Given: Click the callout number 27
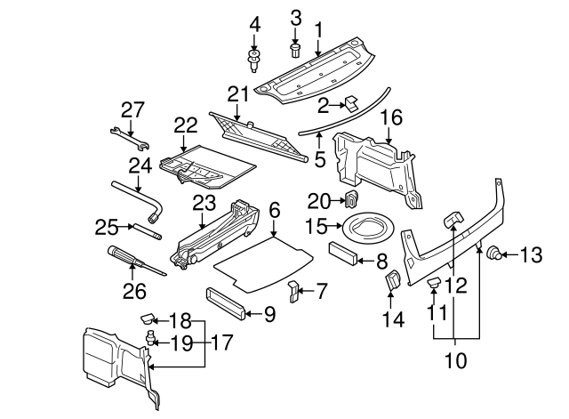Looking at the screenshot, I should [x=132, y=109].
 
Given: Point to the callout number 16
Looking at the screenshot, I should [x=392, y=117].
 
